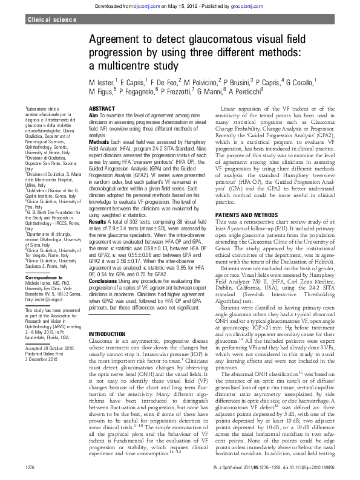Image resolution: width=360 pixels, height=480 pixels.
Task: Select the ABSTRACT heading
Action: point(102,108)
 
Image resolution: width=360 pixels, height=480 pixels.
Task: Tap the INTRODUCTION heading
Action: point(107,334)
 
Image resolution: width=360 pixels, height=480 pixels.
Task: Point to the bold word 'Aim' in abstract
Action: point(93,114)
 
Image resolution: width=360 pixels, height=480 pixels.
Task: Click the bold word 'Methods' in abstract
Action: point(99,141)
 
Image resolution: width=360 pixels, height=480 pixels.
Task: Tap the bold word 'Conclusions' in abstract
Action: point(103,280)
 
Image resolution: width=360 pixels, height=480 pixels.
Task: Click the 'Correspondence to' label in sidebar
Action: point(43,277)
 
